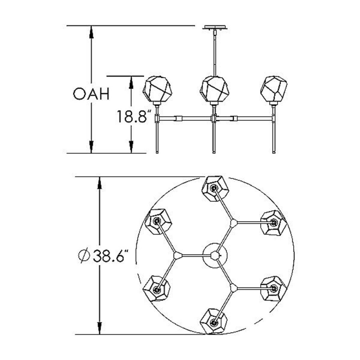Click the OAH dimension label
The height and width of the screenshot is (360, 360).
[x=91, y=94]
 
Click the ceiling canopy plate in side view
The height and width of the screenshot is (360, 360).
[x=215, y=27]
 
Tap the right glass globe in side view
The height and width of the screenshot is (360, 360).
[x=274, y=89]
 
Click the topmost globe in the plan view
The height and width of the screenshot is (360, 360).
[x=215, y=189]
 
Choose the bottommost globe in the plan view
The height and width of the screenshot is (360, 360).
[x=213, y=321]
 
